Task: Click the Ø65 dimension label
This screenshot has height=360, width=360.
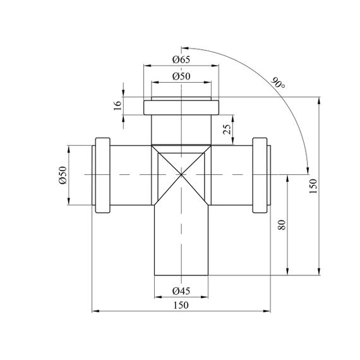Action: coord(181,60)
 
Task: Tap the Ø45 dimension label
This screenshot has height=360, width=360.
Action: coord(181,291)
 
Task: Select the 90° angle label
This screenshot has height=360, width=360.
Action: coord(279,83)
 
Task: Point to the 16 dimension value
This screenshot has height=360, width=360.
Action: coord(117,105)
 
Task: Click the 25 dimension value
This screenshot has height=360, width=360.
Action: coord(227,129)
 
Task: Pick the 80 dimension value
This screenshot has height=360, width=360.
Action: coord(282,225)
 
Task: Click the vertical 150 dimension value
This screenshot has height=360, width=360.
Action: coord(313,186)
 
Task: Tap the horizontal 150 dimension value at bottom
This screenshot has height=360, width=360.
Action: coord(181,305)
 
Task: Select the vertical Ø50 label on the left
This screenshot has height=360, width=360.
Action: coord(63,175)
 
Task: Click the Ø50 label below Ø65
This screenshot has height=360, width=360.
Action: coord(181,76)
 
